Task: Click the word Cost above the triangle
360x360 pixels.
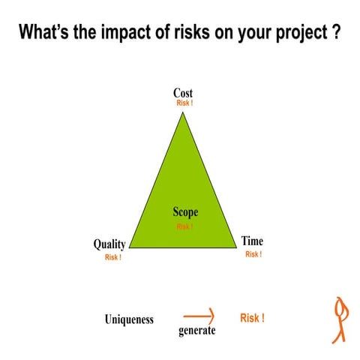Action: point(183,93)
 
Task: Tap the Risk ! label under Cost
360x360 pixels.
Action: point(184,103)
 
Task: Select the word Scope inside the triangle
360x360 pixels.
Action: point(185,213)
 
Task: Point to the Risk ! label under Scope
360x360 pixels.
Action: point(184,226)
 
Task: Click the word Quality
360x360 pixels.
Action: point(109,244)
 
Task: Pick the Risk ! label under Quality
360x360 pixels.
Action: point(113,257)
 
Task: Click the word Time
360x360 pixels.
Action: point(252,241)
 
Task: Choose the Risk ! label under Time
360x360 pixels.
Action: point(253,254)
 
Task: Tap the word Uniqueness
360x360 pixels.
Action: point(129,319)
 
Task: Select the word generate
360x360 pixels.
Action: point(197,331)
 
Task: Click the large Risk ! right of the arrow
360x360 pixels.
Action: point(252,318)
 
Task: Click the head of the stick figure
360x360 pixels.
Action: point(342,305)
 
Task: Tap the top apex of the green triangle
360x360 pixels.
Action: point(183,112)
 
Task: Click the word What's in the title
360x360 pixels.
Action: point(45,33)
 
